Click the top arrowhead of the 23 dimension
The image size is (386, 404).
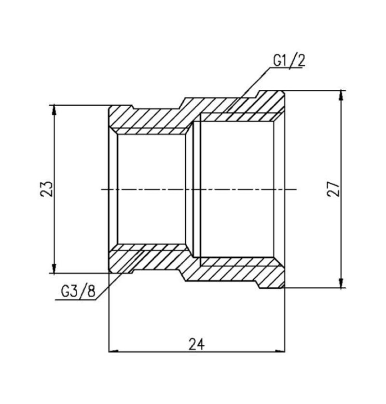tap(54, 110)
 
